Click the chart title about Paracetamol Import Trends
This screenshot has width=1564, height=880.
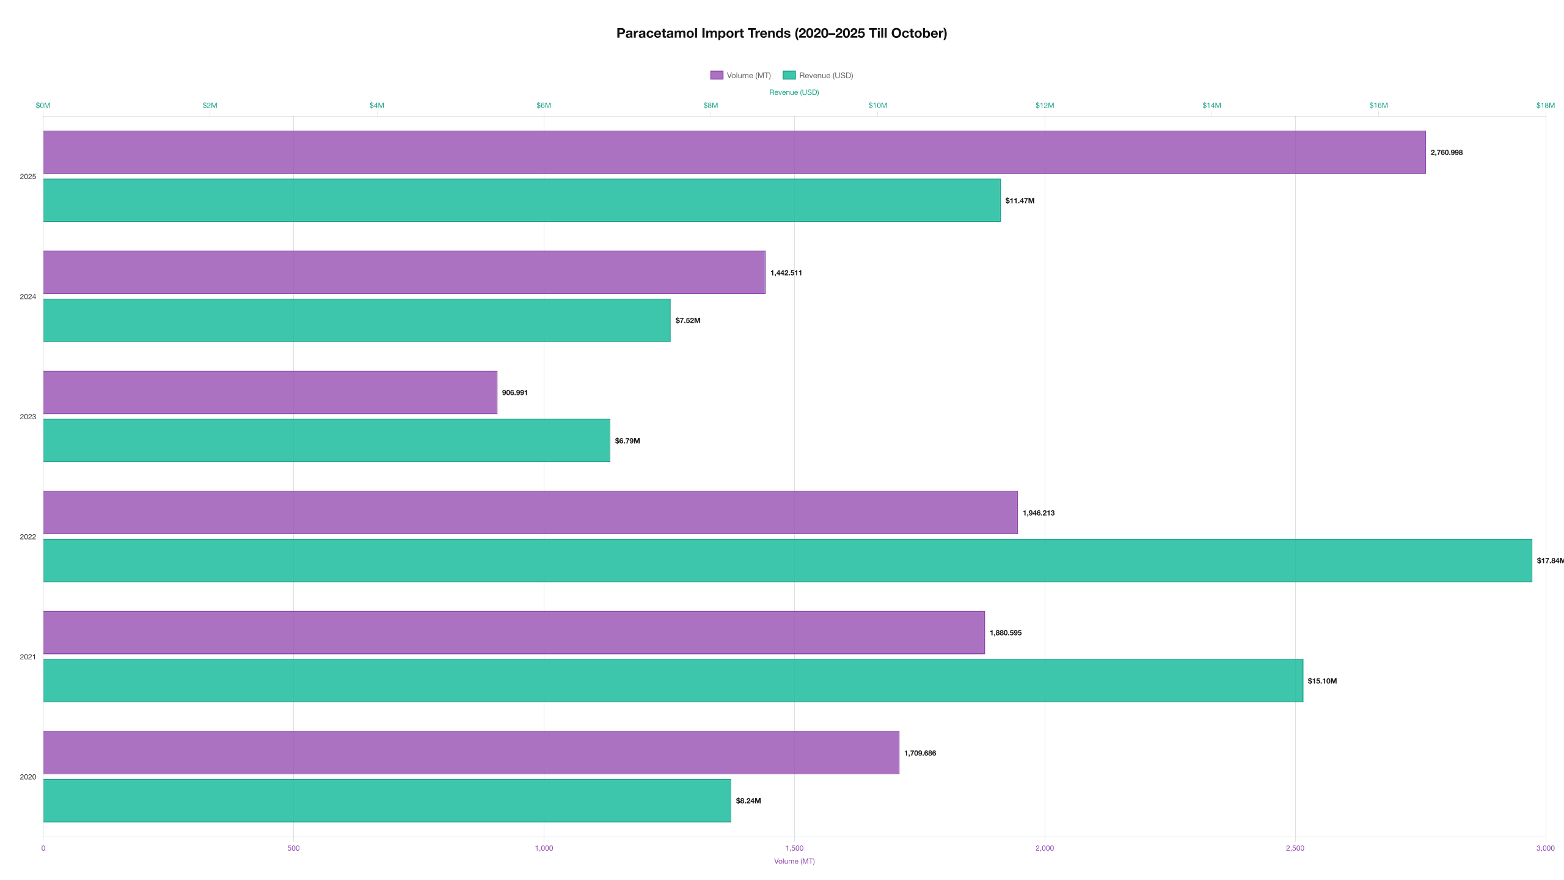point(781,33)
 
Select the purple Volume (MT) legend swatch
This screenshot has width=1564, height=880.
point(716,75)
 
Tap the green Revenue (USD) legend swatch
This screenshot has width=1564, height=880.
point(789,75)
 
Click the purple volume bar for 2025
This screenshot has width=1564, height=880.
point(733,152)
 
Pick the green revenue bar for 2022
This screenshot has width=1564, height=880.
point(787,560)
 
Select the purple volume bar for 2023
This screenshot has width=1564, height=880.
point(269,392)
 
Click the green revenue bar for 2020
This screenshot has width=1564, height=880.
point(386,801)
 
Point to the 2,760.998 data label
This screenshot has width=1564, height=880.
point(1446,152)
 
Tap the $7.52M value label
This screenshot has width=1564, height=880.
point(687,320)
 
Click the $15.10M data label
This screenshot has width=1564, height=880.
point(1321,681)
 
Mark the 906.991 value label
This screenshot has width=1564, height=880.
point(514,392)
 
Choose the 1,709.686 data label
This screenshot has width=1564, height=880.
point(919,753)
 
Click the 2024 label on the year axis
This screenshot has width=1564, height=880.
point(27,296)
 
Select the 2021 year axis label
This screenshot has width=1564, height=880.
point(27,657)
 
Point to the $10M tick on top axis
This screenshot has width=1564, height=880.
point(877,105)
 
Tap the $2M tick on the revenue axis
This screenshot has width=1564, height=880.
point(210,105)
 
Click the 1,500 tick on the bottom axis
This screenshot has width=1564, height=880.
point(794,848)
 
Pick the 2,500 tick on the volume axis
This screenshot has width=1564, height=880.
point(1295,848)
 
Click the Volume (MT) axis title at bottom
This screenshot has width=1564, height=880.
point(794,861)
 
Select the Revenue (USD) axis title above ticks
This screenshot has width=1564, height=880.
point(794,92)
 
